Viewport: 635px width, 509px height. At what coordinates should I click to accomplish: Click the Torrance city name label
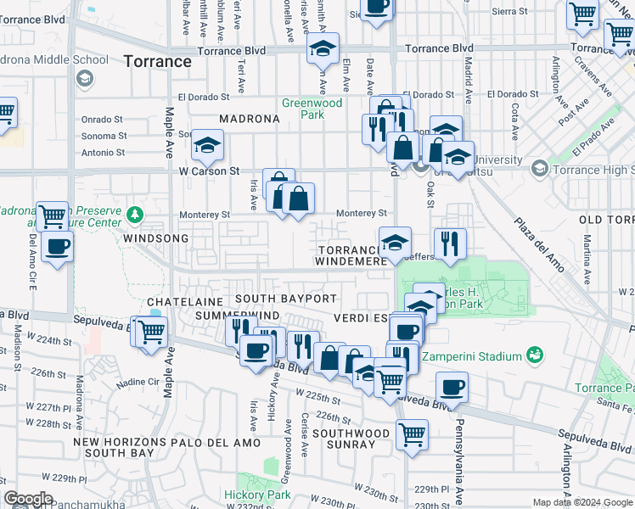pyautogui.click(x=157, y=61)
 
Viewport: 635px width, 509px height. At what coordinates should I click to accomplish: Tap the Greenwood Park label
pyautogui.click(x=312, y=109)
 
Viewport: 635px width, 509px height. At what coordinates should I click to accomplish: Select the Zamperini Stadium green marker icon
pyautogui.click(x=534, y=354)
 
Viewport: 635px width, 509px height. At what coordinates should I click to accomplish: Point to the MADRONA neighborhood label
pyautogui.click(x=249, y=120)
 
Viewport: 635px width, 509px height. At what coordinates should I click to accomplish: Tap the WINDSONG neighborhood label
pyautogui.click(x=155, y=239)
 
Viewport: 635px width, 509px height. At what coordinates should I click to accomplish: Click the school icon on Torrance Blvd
pyautogui.click(x=323, y=50)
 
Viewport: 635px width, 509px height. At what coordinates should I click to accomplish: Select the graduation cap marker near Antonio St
pyautogui.click(x=207, y=146)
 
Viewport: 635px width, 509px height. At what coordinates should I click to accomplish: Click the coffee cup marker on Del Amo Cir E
pyautogui.click(x=57, y=247)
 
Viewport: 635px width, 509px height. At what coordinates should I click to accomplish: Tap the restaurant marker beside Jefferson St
pyautogui.click(x=450, y=243)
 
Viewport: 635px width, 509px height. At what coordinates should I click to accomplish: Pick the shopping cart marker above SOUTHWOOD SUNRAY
pyautogui.click(x=412, y=434)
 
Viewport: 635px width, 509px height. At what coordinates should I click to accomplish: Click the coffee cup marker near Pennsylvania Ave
pyautogui.click(x=452, y=388)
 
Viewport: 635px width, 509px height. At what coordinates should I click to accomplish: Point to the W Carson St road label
pyautogui.click(x=203, y=171)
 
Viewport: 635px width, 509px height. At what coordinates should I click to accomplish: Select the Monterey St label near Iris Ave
pyautogui.click(x=208, y=215)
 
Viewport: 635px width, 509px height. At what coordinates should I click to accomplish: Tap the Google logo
pyautogui.click(x=28, y=499)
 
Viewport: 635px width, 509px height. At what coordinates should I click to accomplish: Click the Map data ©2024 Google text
pyautogui.click(x=582, y=502)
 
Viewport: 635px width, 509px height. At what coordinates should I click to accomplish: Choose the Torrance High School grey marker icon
pyautogui.click(x=539, y=170)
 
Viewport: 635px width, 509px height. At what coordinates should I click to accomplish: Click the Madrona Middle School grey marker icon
pyautogui.click(x=84, y=79)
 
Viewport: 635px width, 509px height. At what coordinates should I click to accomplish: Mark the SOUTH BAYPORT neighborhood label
pyautogui.click(x=286, y=299)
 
